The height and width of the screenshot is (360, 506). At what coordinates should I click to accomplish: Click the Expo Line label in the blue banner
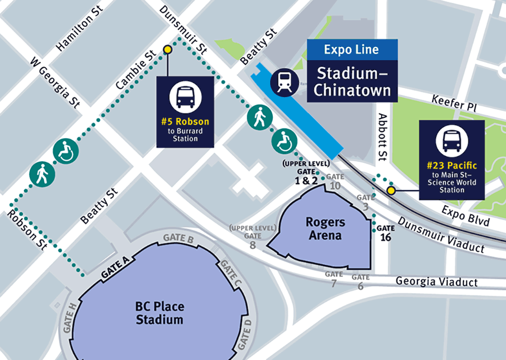point(351,50)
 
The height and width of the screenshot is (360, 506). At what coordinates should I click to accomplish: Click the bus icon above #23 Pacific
point(451,141)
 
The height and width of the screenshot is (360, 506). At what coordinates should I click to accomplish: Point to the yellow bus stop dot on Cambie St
point(167,50)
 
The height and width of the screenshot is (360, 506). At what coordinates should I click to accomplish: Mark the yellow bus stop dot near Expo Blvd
point(391,191)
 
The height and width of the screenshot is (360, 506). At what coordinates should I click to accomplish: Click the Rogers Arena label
point(325,229)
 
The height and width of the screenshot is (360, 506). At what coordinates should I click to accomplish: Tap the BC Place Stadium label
point(159,313)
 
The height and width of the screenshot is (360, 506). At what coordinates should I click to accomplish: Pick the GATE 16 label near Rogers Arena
point(386,233)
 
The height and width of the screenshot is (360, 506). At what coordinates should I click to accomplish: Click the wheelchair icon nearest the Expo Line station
point(284,142)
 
